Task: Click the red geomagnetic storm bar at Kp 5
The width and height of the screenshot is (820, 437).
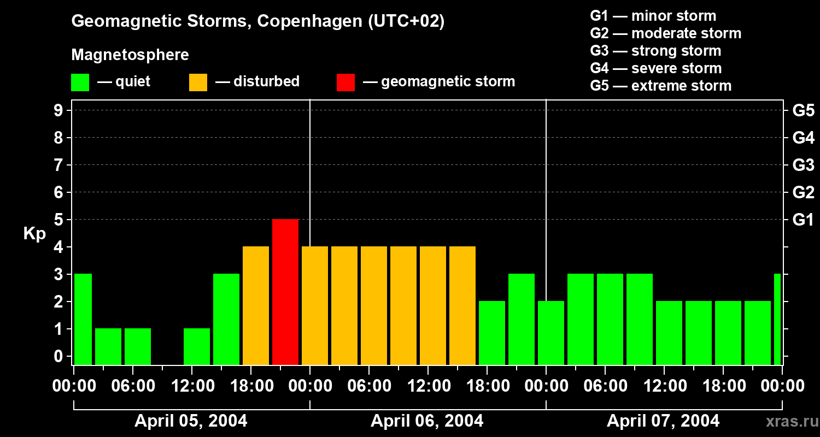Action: [285, 292]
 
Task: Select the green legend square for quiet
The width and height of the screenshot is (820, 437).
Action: [80, 82]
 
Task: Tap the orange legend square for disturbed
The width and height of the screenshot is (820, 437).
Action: [198, 82]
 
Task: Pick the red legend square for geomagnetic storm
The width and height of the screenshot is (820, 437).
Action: [345, 82]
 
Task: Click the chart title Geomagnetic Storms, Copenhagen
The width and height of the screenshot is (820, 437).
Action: [257, 21]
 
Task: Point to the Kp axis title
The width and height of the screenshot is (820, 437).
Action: [34, 234]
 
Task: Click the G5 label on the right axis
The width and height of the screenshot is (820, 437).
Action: [803, 111]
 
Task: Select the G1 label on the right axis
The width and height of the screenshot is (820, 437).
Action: [803, 220]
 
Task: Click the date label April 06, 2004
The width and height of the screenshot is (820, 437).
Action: [427, 421]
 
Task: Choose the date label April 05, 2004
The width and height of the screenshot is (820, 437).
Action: [191, 421]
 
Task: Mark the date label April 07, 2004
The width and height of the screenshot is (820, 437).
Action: [663, 421]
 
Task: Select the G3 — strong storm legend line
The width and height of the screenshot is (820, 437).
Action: [655, 51]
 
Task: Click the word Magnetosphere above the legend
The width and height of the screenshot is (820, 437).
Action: [130, 55]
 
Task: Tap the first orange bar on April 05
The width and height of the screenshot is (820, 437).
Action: [256, 305]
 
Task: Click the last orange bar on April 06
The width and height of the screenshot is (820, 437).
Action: [462, 305]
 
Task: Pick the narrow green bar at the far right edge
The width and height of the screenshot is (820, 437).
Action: [777, 319]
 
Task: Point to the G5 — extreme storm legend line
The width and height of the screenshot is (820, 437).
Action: [660, 86]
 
